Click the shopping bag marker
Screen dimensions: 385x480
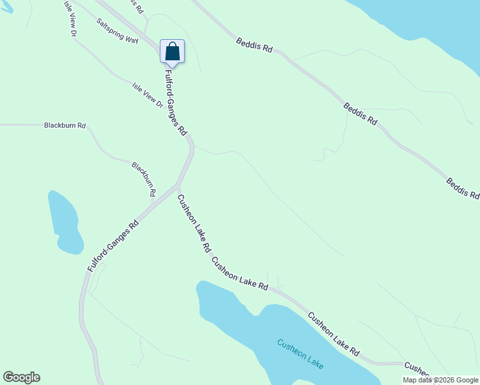172,51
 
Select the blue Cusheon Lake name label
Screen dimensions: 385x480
300,353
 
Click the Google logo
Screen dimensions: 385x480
21,377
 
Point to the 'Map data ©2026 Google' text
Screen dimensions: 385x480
440,380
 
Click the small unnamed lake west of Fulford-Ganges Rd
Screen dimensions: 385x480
65,223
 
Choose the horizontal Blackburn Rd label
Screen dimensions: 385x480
65,126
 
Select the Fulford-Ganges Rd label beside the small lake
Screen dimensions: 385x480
114,246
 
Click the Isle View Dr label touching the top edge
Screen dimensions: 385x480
71,18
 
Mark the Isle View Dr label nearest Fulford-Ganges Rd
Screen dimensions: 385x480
148,94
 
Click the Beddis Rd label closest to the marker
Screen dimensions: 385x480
255,46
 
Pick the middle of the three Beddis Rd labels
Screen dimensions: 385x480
360,114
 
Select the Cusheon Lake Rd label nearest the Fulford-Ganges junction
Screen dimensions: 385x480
194,223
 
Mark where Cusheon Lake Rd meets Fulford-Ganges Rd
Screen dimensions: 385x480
178,187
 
